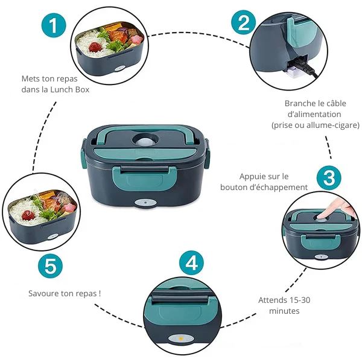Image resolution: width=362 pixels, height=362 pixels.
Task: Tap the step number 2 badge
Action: pos(244,23)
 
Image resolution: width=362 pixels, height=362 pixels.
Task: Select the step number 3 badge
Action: pos(329,178)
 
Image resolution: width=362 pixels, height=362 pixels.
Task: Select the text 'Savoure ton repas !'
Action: pos(65,293)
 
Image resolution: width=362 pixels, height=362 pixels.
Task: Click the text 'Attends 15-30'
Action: pos(284,300)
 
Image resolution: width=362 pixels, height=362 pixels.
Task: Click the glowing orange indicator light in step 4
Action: pos(179,338)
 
